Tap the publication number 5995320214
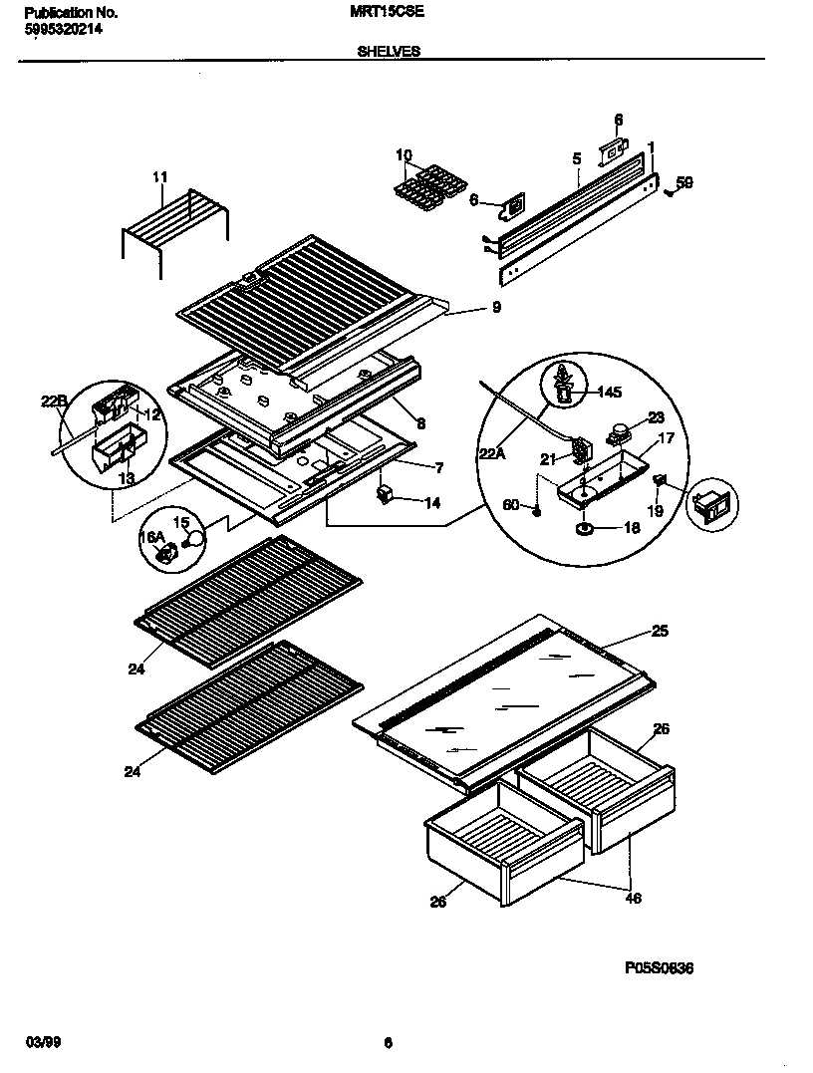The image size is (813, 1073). pos(61,29)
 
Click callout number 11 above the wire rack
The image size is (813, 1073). pos(160,177)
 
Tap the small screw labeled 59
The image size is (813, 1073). pos(668,192)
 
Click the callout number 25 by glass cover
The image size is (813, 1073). pos(660,631)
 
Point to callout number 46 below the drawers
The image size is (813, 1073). pos(634,898)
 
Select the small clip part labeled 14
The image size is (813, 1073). pos(385,494)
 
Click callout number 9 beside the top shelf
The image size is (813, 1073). pos(495,308)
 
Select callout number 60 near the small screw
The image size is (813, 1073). pos(510,505)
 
